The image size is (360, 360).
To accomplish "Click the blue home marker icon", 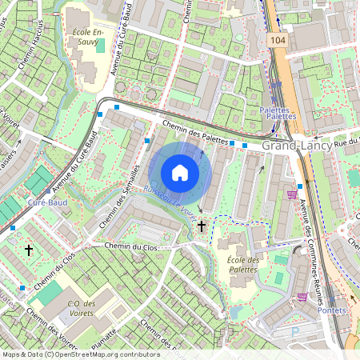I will pos(180,173).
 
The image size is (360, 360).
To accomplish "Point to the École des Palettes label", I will pos(243,265).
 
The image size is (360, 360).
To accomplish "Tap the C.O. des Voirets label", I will pos(82,307).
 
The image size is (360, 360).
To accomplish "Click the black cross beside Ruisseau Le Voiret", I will pos(202,227).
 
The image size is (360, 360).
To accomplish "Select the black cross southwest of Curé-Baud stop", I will pos(29,250).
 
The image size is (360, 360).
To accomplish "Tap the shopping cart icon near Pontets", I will pos(302,296).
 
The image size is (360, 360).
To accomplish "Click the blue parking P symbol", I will pos(294,329).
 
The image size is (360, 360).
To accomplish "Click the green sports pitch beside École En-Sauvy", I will pos(100,46).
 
